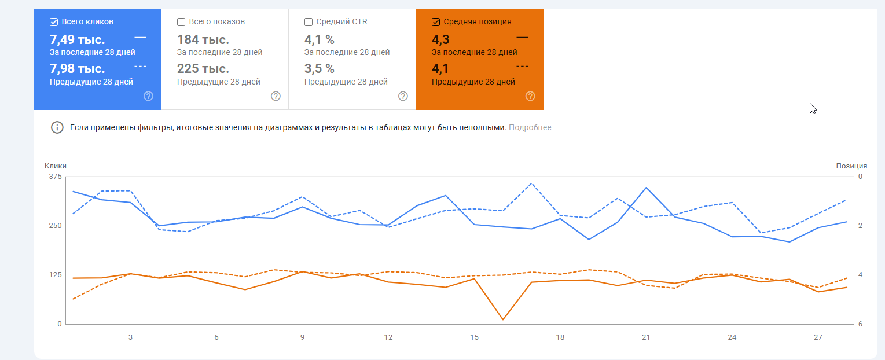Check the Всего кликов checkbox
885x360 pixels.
[54, 22]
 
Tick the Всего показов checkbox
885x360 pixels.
[181, 22]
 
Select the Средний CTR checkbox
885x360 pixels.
[309, 22]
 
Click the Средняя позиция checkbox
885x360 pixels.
[436, 22]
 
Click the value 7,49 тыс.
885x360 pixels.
[77, 40]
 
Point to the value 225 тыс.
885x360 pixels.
[203, 69]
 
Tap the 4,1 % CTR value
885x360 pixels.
[320, 40]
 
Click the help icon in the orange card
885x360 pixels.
[530, 96]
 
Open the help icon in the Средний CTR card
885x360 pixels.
[403, 96]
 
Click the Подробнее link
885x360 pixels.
[530, 127]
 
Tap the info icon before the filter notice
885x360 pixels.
[57, 127]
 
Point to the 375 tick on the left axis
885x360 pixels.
[55, 177]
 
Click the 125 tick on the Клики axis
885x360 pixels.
[55, 275]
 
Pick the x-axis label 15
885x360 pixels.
[474, 337]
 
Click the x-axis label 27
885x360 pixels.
[818, 337]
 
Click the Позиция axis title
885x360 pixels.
[851, 166]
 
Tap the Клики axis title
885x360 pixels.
[56, 166]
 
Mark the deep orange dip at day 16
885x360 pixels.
[502, 319]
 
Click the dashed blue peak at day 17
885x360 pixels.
[531, 183]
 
